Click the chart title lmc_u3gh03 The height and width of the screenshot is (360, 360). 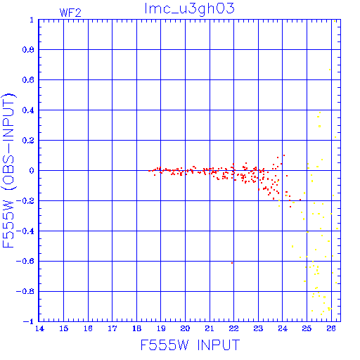point(189,8)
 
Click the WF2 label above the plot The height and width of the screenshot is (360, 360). point(70,13)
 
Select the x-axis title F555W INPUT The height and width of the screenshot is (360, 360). point(190,345)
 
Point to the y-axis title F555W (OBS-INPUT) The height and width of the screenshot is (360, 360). point(8,171)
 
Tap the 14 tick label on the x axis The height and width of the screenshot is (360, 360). point(39,328)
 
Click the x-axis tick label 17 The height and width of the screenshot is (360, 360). point(112,328)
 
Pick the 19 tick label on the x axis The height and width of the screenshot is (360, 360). point(161,328)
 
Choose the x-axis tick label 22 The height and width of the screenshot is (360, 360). point(233,328)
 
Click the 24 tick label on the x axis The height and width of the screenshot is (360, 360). point(283,328)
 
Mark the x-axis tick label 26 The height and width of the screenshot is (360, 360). point(331,328)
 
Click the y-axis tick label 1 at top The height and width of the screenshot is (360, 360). point(32,20)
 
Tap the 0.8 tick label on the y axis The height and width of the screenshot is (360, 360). point(28,50)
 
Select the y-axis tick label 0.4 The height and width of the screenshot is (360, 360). point(28,110)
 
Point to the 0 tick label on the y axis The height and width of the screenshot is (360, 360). point(32,171)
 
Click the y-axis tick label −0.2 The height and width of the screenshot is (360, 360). point(25,201)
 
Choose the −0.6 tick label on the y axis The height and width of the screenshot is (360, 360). point(25,261)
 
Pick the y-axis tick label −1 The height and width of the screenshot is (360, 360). point(29,321)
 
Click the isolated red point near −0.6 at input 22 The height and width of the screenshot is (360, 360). point(232,263)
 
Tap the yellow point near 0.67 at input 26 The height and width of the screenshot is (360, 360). point(330,70)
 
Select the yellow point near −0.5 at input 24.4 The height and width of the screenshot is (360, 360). point(292,246)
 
